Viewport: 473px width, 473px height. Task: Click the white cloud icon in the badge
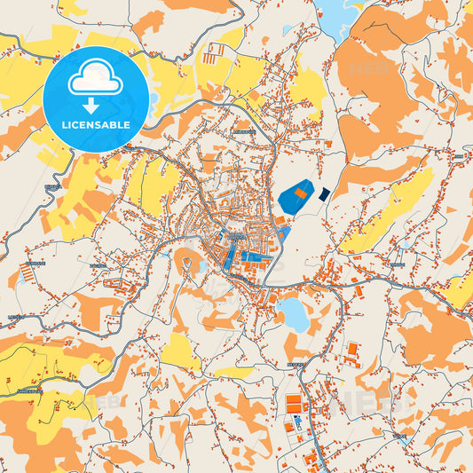(x=95, y=79)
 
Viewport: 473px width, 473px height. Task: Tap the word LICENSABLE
(x=95, y=124)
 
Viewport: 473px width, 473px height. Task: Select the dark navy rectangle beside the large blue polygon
(x=324, y=193)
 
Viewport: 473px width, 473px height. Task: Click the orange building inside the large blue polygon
(x=301, y=192)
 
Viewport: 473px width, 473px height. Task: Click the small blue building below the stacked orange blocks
(x=298, y=425)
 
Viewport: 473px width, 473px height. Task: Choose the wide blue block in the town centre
(x=256, y=256)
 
